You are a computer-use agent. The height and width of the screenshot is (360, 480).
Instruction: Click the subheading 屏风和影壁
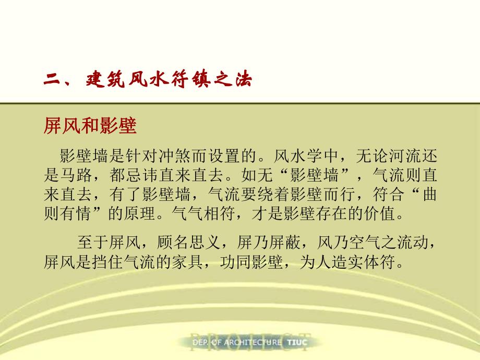coord(90,127)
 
